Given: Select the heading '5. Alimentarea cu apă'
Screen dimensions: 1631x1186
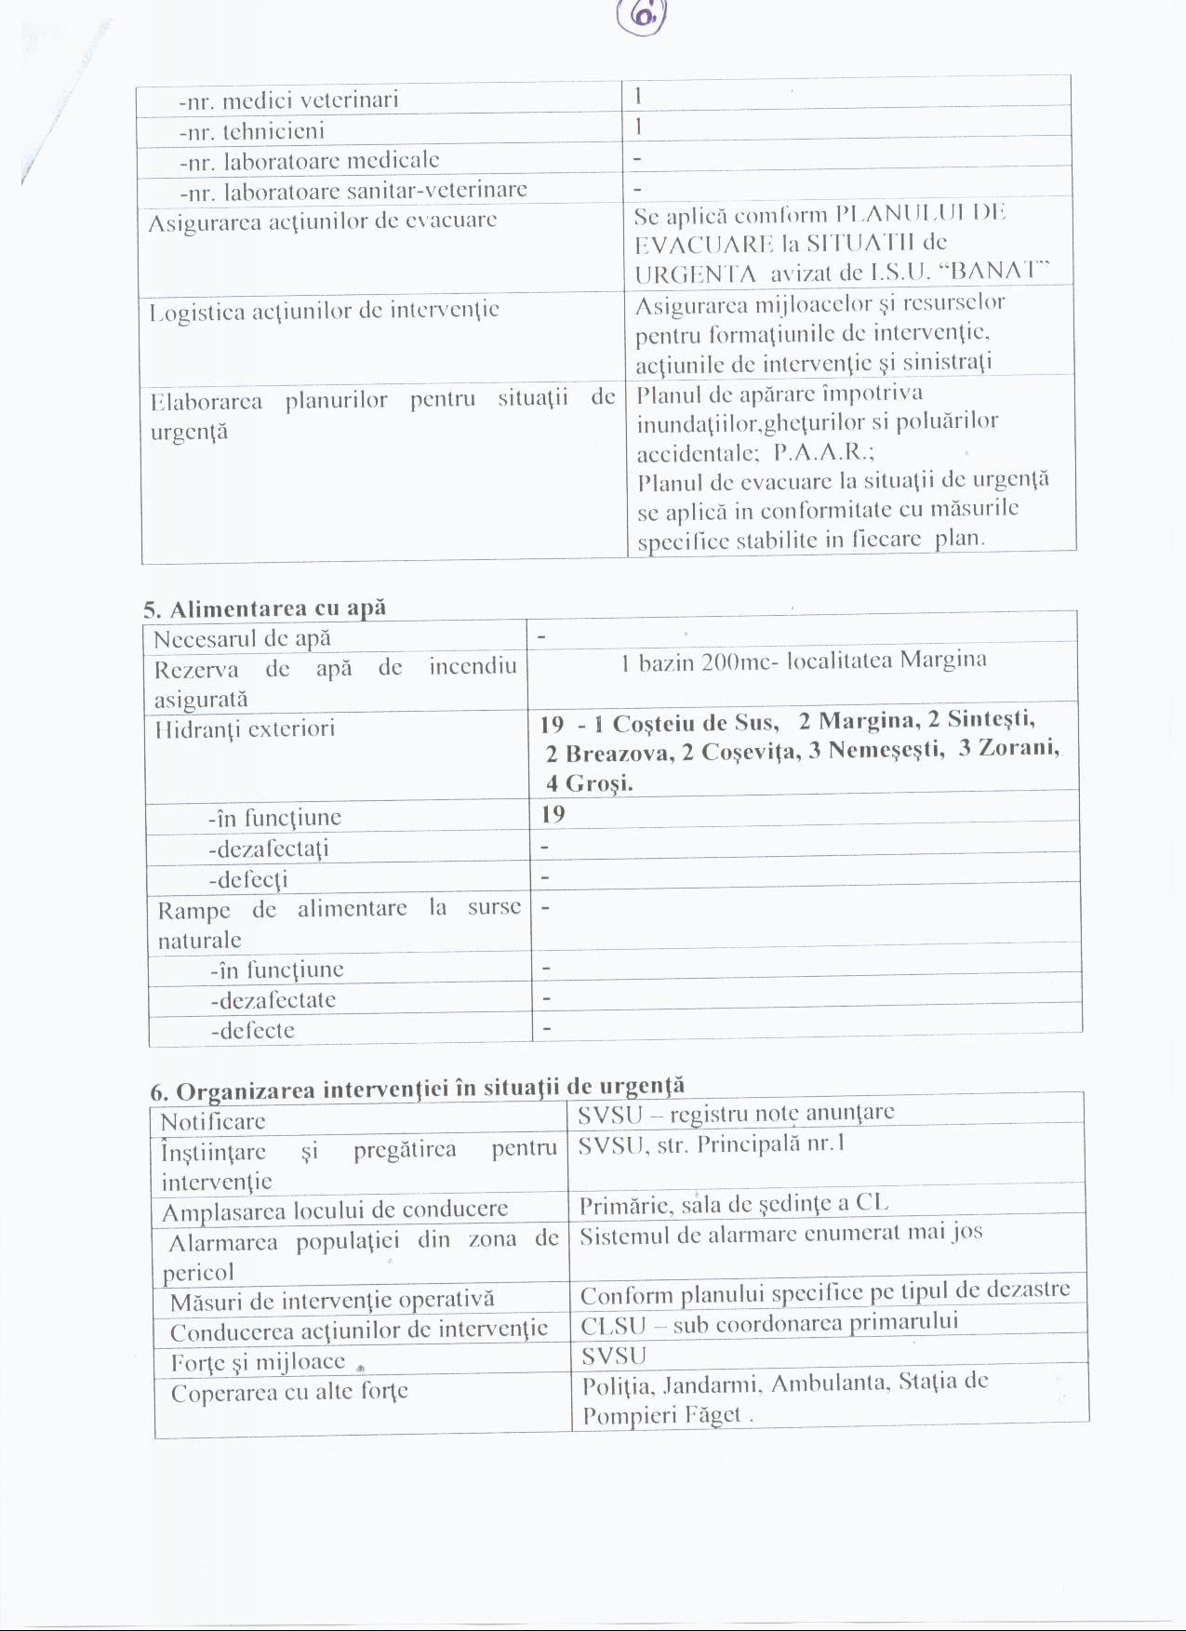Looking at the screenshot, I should click(264, 608).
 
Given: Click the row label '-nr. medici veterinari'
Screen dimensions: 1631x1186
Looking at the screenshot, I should click(288, 100).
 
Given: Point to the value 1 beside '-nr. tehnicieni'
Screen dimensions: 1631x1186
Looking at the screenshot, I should click(639, 126).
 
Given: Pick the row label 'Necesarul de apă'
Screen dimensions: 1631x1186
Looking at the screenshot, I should click(242, 639).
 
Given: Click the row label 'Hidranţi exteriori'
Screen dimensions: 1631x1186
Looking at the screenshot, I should click(245, 729).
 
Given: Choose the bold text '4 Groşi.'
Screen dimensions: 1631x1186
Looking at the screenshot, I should click(590, 783).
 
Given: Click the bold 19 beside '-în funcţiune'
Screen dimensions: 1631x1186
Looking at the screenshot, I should click(553, 815).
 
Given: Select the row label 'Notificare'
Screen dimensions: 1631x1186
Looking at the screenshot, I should click(213, 1121).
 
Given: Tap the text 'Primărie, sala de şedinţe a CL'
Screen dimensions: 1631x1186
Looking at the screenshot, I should click(733, 1204).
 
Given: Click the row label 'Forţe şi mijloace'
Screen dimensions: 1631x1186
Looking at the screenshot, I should click(258, 1363).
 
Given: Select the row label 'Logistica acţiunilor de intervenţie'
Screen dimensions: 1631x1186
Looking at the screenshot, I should click(324, 310).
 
